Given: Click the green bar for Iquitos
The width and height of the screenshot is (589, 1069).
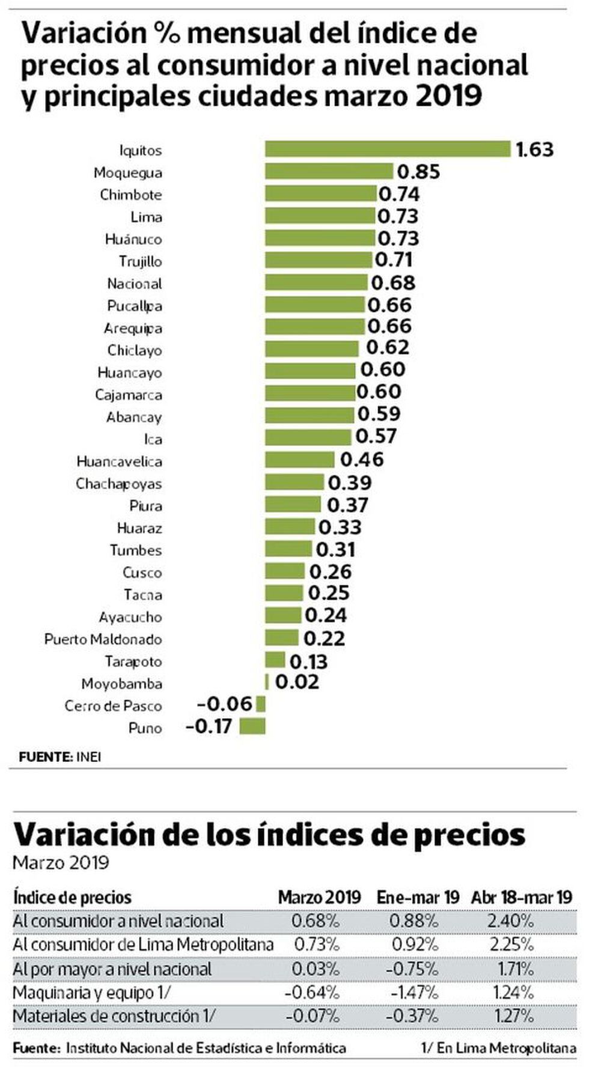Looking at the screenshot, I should tap(388, 149).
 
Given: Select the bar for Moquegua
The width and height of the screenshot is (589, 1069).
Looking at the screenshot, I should tap(329, 172).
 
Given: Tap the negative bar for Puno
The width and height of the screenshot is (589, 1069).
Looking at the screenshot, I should tap(252, 727).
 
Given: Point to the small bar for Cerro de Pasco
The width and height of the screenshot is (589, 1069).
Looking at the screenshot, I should tap(261, 704).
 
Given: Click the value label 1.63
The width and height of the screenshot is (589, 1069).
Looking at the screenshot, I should tap(534, 149).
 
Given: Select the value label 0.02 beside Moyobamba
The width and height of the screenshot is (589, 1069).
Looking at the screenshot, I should tap(298, 683).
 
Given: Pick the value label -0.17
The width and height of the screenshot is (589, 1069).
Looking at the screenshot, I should tap(209, 727).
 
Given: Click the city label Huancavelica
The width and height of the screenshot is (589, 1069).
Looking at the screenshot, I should tap(119, 461).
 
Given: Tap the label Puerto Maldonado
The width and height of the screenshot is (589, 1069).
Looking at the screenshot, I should tap(103, 639).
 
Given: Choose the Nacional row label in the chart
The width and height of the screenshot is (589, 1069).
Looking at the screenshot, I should tap(135, 284).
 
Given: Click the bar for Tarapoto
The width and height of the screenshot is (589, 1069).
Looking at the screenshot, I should tap(275, 660).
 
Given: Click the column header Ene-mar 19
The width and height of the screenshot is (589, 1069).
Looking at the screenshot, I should tap(418, 898).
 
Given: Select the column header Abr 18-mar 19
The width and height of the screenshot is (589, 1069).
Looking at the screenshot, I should tap(521, 898).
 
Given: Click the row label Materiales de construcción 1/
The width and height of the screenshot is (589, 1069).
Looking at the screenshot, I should tap(114, 1016).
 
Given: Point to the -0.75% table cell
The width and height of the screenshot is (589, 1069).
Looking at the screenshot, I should tap(415, 969).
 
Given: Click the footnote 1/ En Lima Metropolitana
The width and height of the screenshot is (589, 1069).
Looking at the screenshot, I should tap(498, 1049).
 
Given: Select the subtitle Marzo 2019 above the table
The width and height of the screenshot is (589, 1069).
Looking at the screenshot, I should tap(61, 863).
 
